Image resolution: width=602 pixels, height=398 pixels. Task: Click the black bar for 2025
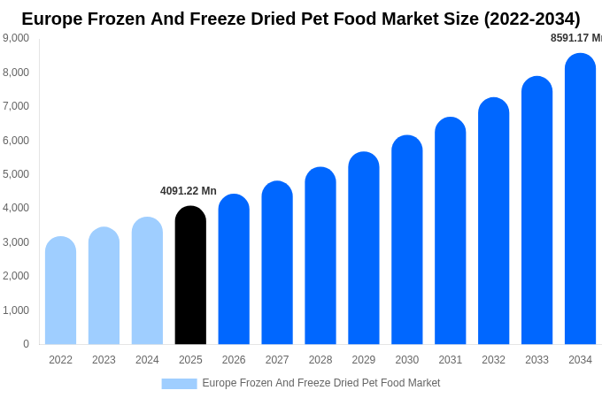point(190,276)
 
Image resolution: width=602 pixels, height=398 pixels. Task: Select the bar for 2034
point(580,199)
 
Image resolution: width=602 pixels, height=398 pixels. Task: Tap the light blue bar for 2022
point(60,291)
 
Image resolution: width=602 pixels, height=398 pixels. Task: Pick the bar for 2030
point(407,240)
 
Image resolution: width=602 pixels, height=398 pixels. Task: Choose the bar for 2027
point(277,263)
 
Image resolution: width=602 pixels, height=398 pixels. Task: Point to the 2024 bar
point(147,281)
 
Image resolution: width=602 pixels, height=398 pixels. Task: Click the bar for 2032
point(493,221)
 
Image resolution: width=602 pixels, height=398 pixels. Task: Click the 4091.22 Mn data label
point(189,191)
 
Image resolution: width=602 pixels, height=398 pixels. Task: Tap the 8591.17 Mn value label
point(575,38)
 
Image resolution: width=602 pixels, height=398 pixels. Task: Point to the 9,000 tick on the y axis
point(16,38)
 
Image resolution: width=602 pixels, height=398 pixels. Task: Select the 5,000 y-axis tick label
point(16,174)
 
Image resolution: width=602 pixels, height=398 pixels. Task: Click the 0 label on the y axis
point(26,344)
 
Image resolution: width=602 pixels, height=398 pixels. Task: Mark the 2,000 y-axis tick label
point(16,276)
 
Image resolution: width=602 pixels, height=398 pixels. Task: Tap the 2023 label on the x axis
point(104,360)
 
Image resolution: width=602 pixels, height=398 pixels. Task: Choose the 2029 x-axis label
point(364,360)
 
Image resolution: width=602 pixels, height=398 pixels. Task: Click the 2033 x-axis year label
point(536,360)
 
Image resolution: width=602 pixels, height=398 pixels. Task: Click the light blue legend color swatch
point(179,384)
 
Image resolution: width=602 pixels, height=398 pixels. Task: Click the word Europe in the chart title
point(52,19)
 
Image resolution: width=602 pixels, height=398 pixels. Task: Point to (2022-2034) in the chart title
point(531,19)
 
